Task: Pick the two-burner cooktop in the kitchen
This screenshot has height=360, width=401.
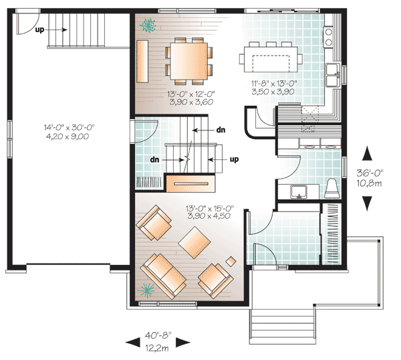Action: click(329, 37)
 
